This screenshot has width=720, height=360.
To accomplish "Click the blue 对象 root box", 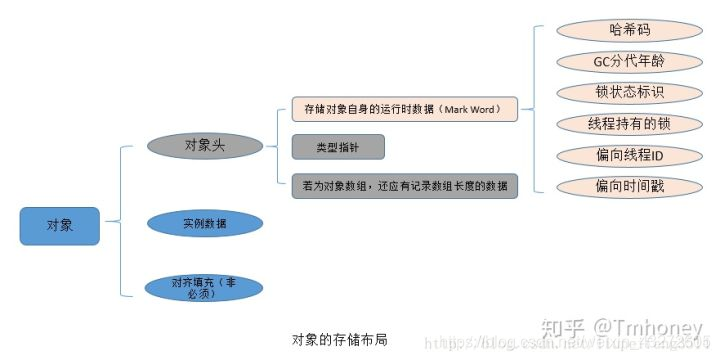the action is [x=60, y=226].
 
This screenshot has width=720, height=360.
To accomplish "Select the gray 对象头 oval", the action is [x=205, y=145].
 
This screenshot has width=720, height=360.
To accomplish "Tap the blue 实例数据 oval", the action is [x=205, y=223].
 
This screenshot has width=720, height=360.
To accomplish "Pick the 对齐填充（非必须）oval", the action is [x=204, y=287].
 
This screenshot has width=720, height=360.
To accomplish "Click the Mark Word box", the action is [x=405, y=108].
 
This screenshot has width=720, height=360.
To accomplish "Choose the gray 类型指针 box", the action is [x=339, y=147].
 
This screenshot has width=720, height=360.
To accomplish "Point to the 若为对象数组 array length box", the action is [x=405, y=185].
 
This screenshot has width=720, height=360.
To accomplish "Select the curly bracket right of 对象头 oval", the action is [x=271, y=146].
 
